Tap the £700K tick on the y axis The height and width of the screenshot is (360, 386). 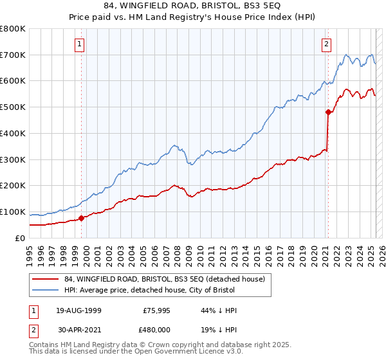point(13,55)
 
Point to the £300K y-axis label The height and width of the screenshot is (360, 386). point(13,159)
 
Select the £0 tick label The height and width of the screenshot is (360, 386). point(20,238)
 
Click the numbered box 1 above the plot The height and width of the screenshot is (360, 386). point(80,44)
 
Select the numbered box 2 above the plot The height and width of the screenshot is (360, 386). point(326,44)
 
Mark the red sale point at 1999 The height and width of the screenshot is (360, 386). point(82,218)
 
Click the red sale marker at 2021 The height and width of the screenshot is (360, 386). point(328,113)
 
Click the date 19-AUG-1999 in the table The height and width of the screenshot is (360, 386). point(78,310)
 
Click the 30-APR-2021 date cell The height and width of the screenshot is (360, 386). point(78,328)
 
